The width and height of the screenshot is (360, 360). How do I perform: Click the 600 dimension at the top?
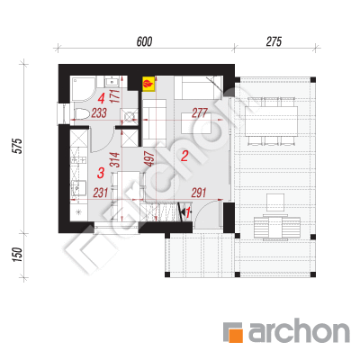coord(144,41)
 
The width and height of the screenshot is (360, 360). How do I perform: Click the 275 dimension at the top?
coord(274,41)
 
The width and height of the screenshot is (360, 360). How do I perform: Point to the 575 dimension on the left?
coord(18,146)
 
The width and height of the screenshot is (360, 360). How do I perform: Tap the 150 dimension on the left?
coord(18,255)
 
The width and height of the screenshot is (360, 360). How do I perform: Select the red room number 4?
coord(102,98)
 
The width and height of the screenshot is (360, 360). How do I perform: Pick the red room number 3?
coord(101,173)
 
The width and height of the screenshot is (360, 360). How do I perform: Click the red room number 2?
coord(184,156)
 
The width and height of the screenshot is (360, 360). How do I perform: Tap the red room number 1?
coord(188,212)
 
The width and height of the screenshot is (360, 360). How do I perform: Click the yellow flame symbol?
coord(148,84)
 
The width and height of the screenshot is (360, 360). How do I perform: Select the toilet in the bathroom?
coord(81,113)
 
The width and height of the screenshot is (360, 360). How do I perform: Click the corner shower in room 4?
coord(83,89)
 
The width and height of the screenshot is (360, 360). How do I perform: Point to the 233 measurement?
coord(99,113)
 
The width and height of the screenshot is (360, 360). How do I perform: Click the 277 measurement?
coord(200,112)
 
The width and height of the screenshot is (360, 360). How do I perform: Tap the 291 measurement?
coord(199,193)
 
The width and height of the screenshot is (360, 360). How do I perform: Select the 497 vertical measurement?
coord(150,158)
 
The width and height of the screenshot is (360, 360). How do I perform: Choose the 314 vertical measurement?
coord(115,160)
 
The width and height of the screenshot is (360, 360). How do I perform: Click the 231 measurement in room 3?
coord(100,193)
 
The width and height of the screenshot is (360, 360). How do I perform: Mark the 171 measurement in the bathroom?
coord(115,95)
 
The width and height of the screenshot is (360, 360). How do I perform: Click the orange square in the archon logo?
coord(232,332)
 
